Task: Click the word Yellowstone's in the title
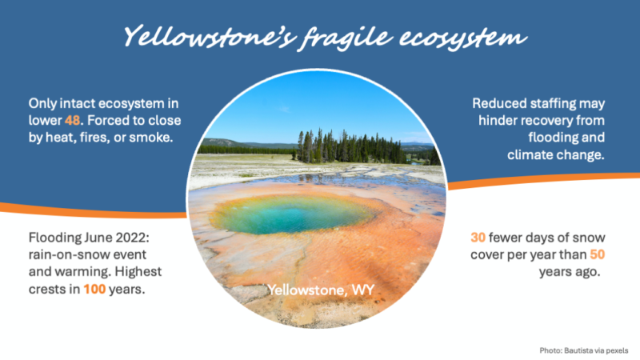pyautogui.click(x=210, y=36)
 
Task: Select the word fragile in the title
pyautogui.click(x=347, y=38)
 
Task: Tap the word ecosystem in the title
pyautogui.click(x=463, y=38)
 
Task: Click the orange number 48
pyautogui.click(x=72, y=121)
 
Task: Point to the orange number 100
pyautogui.click(x=94, y=289)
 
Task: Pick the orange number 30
pyautogui.click(x=478, y=238)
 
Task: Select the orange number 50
pyautogui.click(x=597, y=254)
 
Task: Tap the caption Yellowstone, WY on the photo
pyautogui.click(x=321, y=290)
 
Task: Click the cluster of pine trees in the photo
pyautogui.click(x=351, y=147)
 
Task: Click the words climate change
pyautogui.click(x=556, y=155)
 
